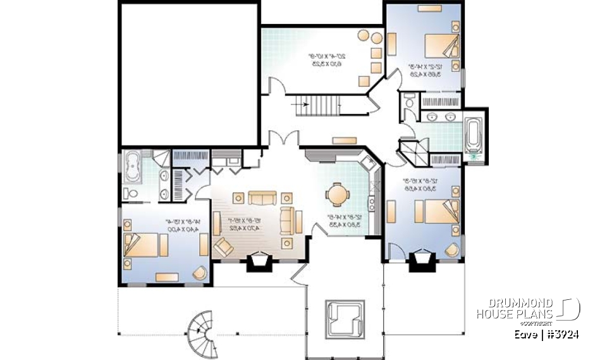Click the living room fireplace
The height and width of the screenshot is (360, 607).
point(259,261)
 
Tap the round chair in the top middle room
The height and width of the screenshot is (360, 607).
point(366,37)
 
